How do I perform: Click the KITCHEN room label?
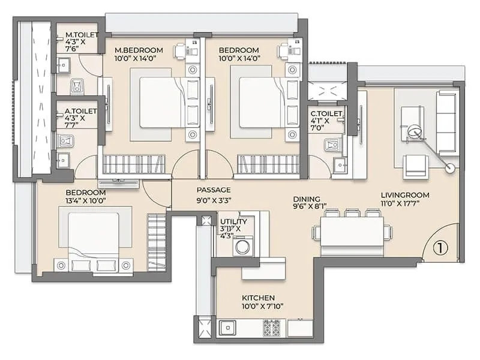point(258,298)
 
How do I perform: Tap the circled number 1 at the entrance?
point(440,248)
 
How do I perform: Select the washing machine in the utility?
point(243,246)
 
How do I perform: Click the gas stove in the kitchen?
point(272,328)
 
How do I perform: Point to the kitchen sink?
point(227,328)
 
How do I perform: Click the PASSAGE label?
point(214,190)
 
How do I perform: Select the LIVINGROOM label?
point(405,195)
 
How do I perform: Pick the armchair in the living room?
point(416,166)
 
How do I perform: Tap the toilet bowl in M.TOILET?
point(77,86)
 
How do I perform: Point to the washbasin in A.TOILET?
point(63,160)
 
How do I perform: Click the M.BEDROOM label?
point(139,50)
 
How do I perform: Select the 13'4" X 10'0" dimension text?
point(86,201)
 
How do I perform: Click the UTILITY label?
point(233,221)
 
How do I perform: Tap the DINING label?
point(307,199)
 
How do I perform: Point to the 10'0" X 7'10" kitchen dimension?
point(262,306)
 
